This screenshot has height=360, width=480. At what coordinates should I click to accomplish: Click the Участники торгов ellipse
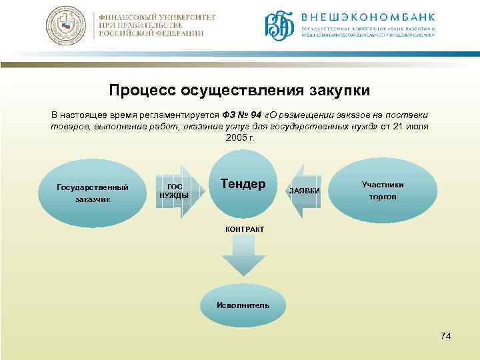point(383,191)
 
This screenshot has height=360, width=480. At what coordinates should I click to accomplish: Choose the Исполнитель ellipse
point(243,305)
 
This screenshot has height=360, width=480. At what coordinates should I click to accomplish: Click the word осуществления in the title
point(241,89)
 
